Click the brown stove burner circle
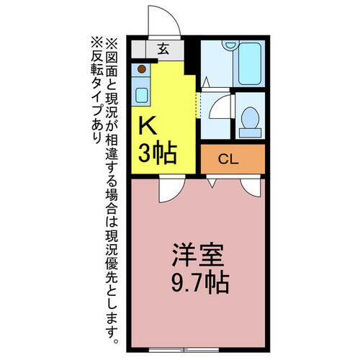click(142, 70)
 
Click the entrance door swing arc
click(160, 18)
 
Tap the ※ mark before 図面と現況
click(112, 42)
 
